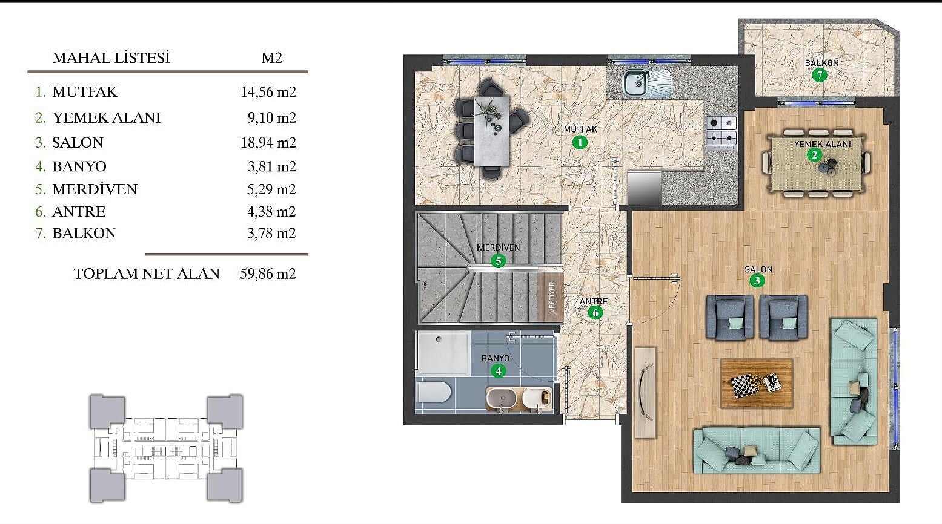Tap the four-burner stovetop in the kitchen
(721, 132)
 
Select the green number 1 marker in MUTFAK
(580, 142)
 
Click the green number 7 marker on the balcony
(819, 75)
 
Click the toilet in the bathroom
(434, 392)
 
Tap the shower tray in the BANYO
(443, 353)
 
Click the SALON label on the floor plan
(758, 269)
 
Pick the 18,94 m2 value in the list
(268, 143)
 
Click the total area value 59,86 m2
(268, 274)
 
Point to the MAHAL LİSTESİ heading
(111, 58)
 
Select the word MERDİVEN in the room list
(95, 189)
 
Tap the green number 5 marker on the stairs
(499, 261)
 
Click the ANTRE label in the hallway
(594, 301)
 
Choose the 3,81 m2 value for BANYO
(271, 167)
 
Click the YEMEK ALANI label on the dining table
(823, 144)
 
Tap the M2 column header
(271, 58)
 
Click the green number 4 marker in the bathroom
(499, 371)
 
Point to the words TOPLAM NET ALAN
(147, 274)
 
